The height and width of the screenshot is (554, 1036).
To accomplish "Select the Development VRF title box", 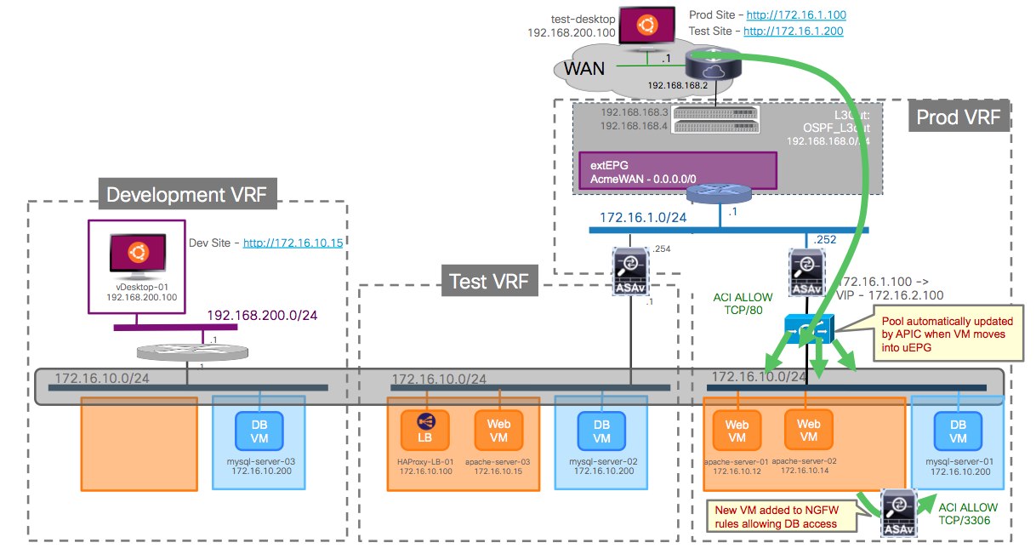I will pyautogui.click(x=187, y=195).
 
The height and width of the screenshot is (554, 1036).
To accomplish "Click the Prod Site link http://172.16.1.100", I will pyautogui.click(x=794, y=14).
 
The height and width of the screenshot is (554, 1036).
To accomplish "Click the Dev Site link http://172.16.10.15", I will pyautogui.click(x=293, y=243).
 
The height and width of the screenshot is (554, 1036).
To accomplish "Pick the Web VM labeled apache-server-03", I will pyautogui.click(x=498, y=431).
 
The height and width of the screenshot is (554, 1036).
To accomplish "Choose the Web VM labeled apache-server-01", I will pyautogui.click(x=737, y=431).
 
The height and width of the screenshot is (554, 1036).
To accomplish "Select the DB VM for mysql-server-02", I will pyautogui.click(x=601, y=431).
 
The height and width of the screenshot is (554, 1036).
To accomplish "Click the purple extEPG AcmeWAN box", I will pyautogui.click(x=677, y=170).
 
